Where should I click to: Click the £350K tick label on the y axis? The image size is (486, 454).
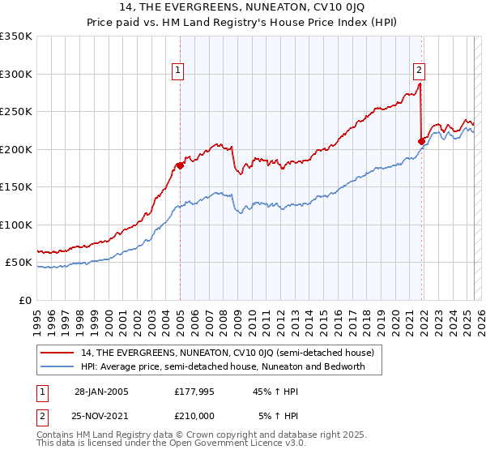(x=16, y=36)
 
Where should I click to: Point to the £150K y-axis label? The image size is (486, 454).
(x=16, y=187)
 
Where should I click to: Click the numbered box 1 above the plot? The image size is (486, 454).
(x=177, y=71)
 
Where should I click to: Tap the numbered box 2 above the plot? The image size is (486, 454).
(x=420, y=71)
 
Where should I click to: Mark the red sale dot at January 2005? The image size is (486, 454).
(x=180, y=166)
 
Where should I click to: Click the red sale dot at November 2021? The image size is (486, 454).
(x=421, y=142)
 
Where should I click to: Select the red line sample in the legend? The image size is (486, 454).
(x=58, y=353)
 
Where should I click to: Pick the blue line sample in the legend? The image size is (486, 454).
(x=58, y=366)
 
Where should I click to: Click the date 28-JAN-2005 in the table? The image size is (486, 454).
(x=101, y=392)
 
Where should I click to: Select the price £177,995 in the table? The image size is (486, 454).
(x=193, y=392)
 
